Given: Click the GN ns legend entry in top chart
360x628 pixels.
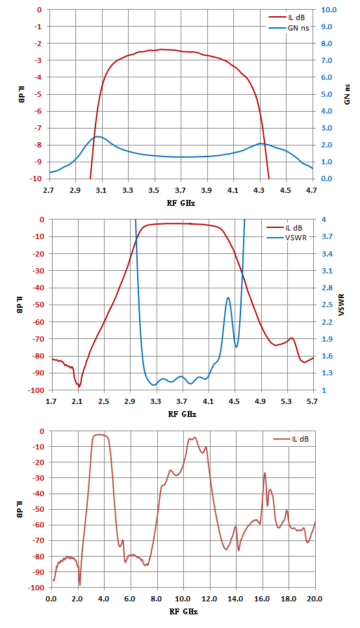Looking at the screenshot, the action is (289, 28).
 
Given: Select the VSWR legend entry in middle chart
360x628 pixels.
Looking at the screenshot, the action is (287, 238).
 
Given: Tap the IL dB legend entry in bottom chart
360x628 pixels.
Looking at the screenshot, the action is (291, 439).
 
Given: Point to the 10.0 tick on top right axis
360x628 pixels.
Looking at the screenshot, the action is (329, 10).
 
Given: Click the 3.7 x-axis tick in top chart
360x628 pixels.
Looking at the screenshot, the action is (181, 190).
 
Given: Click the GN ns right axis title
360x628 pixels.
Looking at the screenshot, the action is (347, 95).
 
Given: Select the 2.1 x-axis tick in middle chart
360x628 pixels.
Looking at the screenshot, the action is (77, 401).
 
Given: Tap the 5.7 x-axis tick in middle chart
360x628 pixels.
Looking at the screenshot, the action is (313, 401).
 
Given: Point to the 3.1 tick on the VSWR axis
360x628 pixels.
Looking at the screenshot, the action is (327, 271).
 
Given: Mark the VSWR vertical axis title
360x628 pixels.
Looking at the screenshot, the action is (342, 305).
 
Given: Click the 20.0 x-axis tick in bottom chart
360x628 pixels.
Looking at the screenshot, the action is (315, 599).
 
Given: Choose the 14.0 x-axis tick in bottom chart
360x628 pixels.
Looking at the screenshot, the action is (235, 599).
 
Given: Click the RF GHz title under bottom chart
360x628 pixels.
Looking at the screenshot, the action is (183, 612).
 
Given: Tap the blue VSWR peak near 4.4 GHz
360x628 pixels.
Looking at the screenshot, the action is (228, 297).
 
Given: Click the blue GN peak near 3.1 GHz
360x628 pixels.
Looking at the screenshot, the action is (97, 136).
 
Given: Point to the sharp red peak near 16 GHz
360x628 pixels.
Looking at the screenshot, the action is (264, 473).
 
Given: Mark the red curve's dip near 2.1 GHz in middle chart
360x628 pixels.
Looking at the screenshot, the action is (79, 386).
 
